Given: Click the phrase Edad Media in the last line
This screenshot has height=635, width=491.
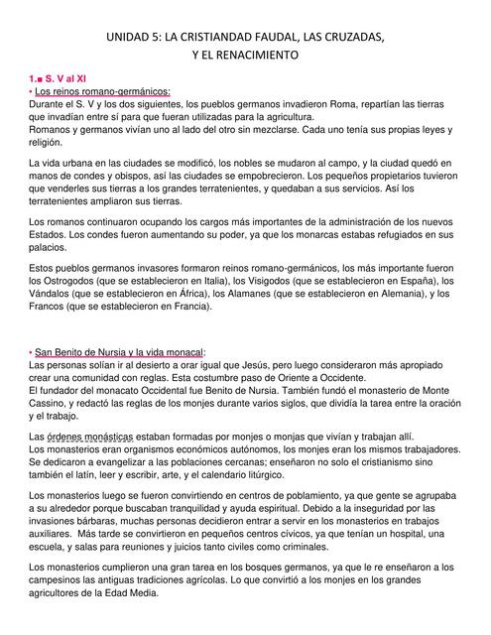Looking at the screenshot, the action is click(x=133, y=594).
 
